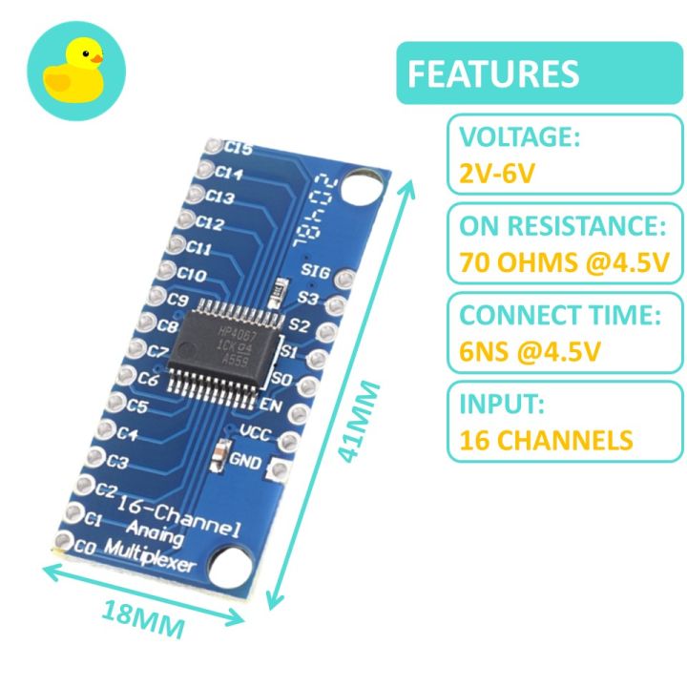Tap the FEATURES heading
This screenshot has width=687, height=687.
pos(492,73)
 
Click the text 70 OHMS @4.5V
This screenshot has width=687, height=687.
pos(564,261)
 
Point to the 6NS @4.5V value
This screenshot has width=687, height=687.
pos(529,351)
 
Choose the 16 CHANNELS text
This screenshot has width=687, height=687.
pos(546,440)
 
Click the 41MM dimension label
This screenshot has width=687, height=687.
pos(363,423)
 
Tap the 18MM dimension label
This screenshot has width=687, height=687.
pos(143,621)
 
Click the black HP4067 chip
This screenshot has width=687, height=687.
pos(225,344)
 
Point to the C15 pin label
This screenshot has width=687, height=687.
pos(239,150)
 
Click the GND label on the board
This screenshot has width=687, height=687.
pos(246,459)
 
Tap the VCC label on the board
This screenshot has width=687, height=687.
pos(257,433)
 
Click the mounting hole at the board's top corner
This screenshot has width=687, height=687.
pos(361,185)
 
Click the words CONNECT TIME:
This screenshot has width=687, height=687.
pos(559,316)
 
